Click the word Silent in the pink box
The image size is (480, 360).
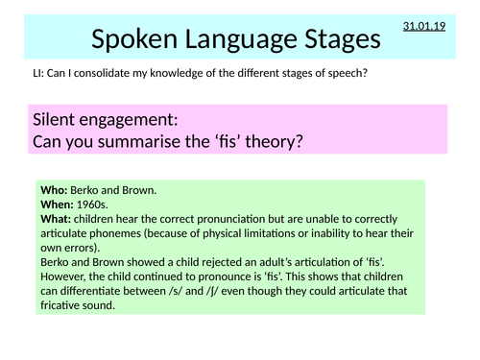tap(60, 122)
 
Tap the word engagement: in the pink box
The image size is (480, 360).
tap(141, 122)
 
